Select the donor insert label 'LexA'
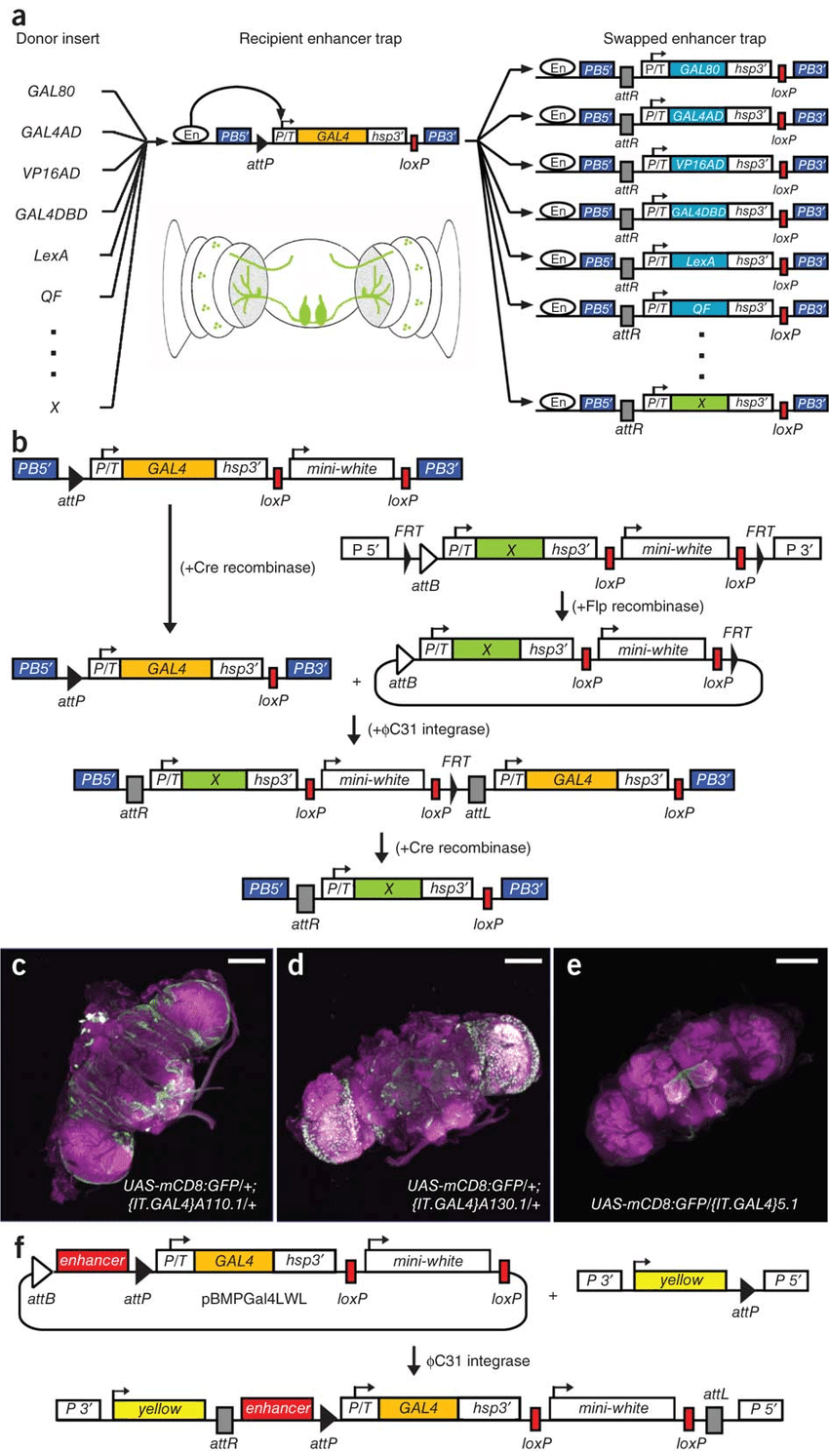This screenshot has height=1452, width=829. click(51, 255)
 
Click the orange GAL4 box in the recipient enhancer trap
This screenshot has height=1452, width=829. click(333, 137)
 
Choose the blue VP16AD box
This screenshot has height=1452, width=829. click(698, 164)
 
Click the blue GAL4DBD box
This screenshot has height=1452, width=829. click(698, 212)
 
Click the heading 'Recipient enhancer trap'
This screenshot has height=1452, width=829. click(320, 39)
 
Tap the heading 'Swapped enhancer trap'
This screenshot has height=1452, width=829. click(684, 39)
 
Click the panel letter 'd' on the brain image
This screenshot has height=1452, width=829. click(296, 967)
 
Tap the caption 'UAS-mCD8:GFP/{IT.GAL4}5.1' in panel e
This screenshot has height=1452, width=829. click(693, 1203)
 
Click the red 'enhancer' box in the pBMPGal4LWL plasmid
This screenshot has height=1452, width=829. click(93, 1260)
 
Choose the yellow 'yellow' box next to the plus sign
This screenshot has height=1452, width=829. click(681, 1280)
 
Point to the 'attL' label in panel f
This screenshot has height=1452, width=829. click(715, 1395)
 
